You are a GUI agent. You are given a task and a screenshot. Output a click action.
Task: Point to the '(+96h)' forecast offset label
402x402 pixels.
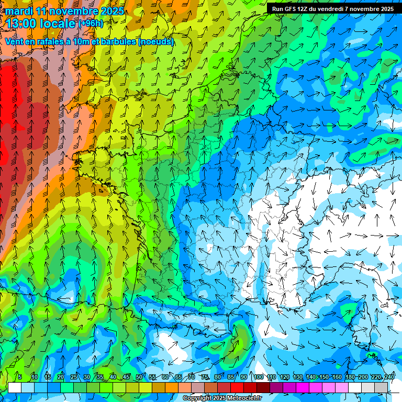(91, 24)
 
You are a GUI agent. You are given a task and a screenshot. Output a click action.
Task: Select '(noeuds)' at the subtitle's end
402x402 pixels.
(156, 41)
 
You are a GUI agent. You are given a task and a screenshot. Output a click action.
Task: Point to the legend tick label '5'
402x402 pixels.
(20, 377)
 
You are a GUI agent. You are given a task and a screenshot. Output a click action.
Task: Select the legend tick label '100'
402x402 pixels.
(258, 377)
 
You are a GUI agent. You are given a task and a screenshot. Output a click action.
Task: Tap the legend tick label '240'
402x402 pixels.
(389, 377)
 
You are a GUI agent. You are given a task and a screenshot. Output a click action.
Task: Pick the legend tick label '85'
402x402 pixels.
(231, 377)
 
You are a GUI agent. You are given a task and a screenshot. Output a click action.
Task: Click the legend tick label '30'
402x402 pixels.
(86, 377)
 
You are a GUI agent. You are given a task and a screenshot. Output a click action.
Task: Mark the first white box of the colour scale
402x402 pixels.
(15, 387)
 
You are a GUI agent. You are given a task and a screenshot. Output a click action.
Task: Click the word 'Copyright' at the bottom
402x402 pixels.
(197, 398)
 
